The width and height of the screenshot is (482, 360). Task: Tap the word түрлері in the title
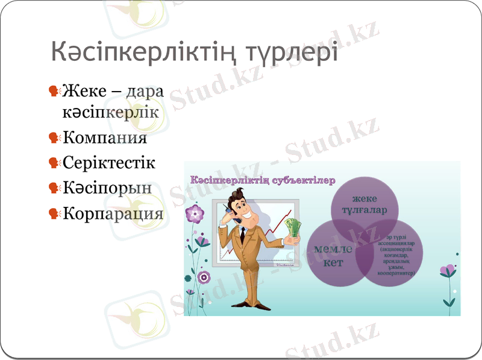point(293,52)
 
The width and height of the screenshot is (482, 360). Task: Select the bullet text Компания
point(105,137)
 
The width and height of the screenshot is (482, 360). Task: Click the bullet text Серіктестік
point(108,163)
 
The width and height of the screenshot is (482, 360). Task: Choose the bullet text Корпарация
point(113,213)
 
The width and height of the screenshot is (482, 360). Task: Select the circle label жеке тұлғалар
point(365,204)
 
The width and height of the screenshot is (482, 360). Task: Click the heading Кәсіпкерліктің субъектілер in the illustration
point(262,180)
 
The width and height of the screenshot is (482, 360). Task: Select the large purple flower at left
point(195,213)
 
